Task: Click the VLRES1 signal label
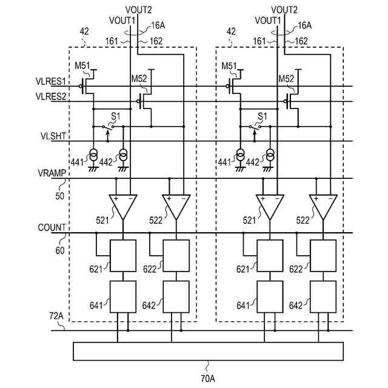(x=50, y=81)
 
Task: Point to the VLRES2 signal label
(x=50, y=96)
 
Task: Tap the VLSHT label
(x=51, y=137)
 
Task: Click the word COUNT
(x=51, y=227)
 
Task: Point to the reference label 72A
(x=56, y=316)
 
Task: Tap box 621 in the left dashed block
(x=122, y=255)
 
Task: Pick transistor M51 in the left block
(x=89, y=81)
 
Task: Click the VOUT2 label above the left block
(x=139, y=10)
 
